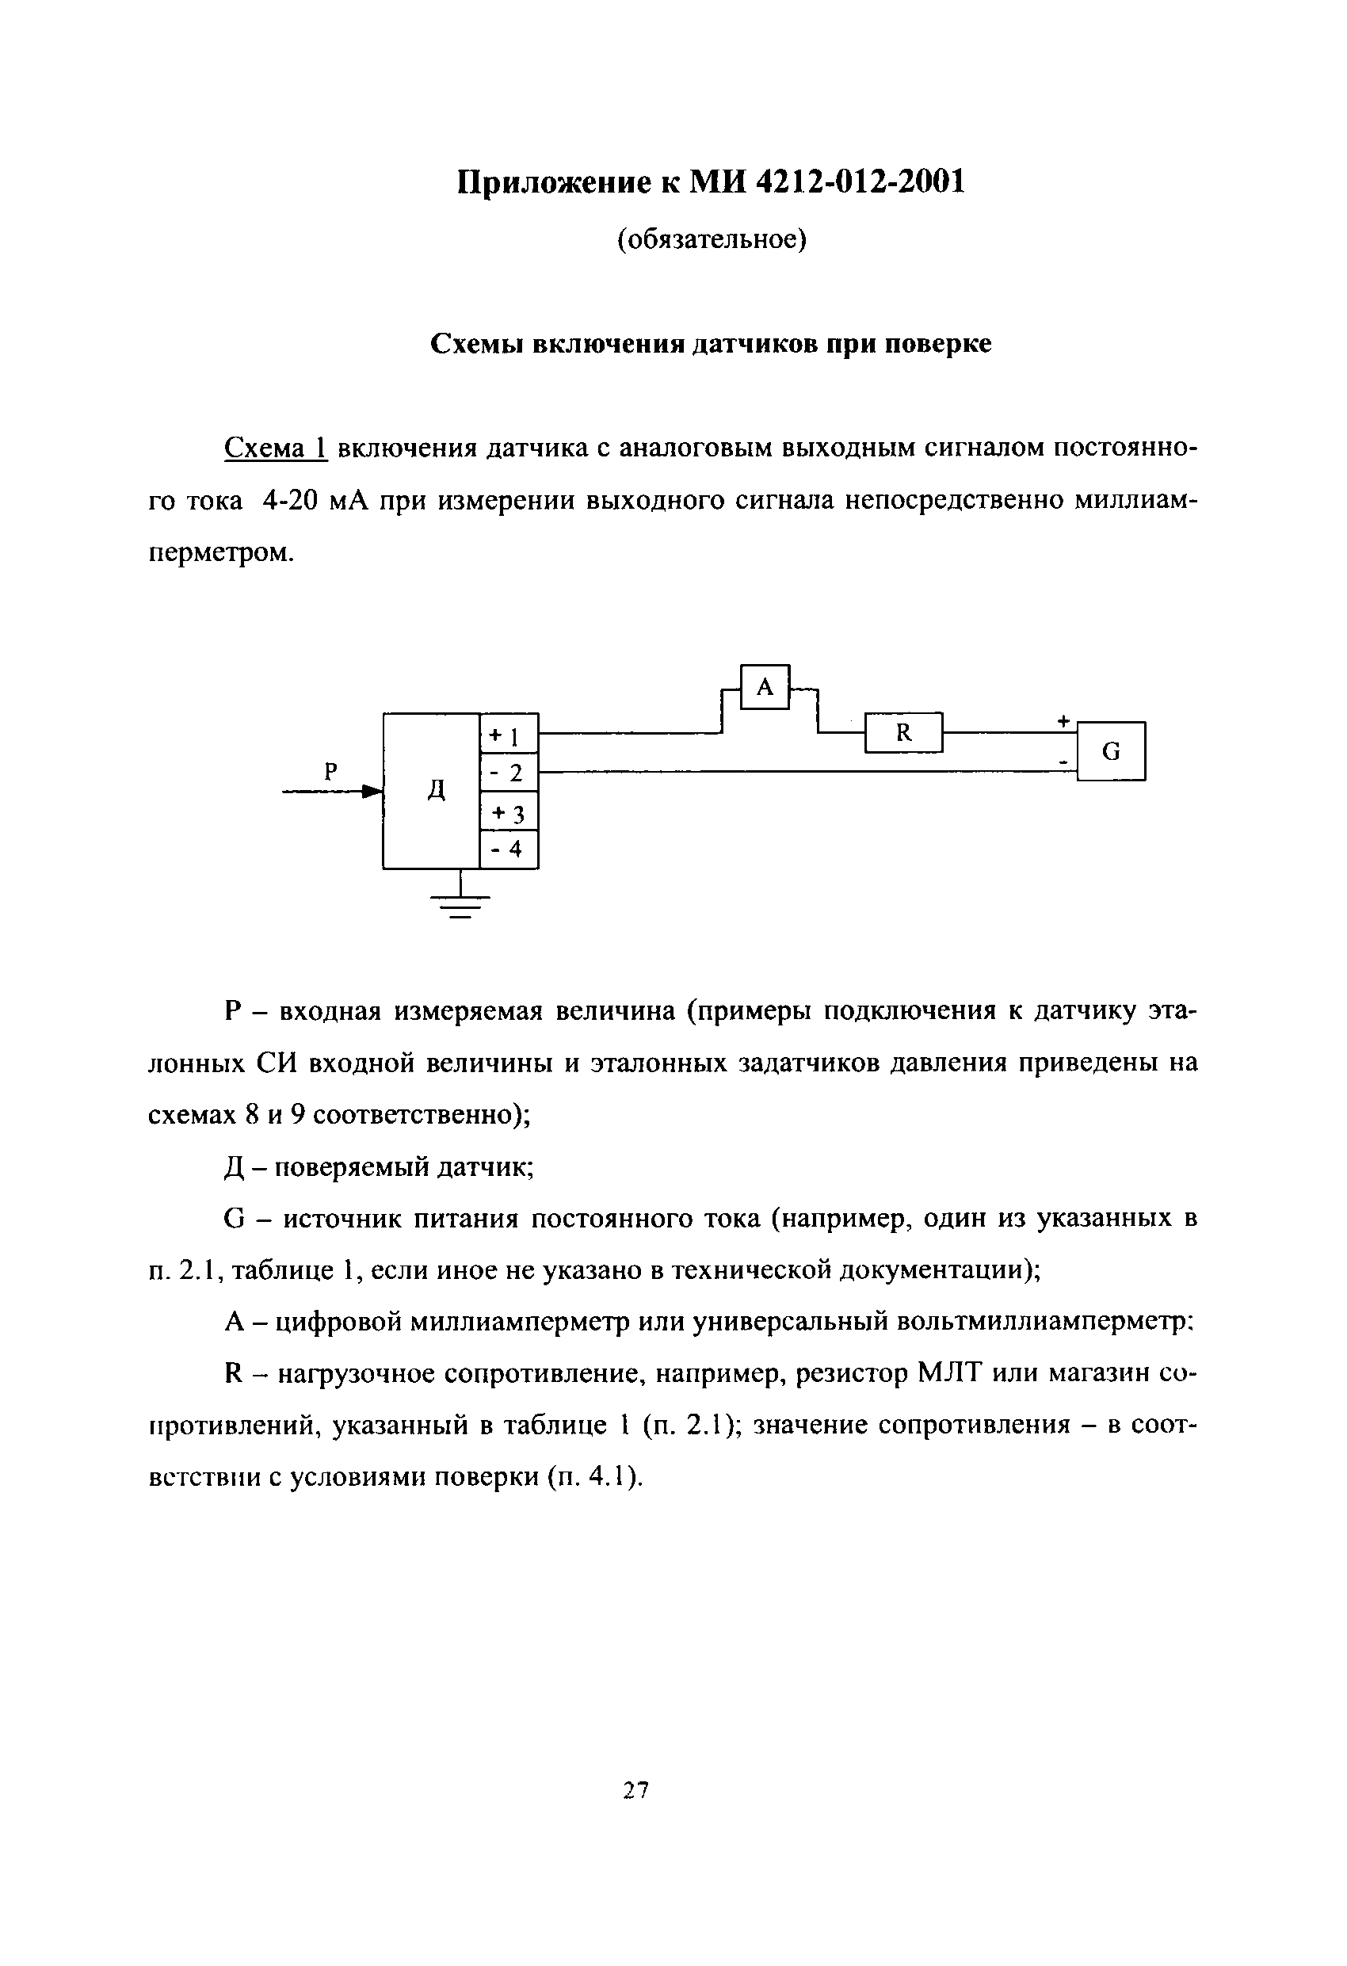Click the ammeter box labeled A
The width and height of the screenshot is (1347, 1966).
pos(765,687)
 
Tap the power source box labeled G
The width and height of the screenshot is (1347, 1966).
pos(1111,750)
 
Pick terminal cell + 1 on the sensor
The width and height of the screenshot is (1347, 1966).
pos(509,735)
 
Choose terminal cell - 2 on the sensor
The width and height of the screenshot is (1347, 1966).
pos(509,773)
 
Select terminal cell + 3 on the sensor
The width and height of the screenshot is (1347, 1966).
pos(509,812)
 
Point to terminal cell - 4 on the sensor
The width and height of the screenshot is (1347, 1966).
pos(509,849)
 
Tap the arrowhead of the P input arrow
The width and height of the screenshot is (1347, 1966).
pos(372,792)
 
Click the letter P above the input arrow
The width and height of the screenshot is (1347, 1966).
pos(331,771)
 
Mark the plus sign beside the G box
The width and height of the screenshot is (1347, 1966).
pos(1063,722)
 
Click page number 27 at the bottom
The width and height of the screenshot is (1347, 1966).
pos(635,1789)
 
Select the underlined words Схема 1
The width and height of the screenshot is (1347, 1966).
pos(275,449)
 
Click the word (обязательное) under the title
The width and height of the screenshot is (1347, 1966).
pos(712,240)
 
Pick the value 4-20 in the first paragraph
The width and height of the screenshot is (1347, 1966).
pos(289,501)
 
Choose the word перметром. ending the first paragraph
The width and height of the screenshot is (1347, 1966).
pos(222,553)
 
